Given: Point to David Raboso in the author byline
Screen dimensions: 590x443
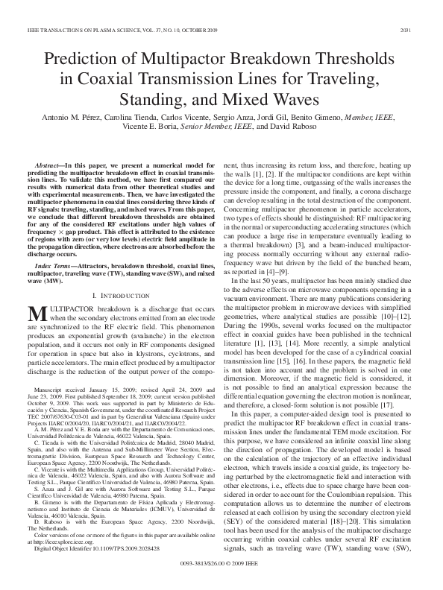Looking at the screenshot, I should [x=298, y=128].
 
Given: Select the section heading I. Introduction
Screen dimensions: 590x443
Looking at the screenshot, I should [x=116, y=296].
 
